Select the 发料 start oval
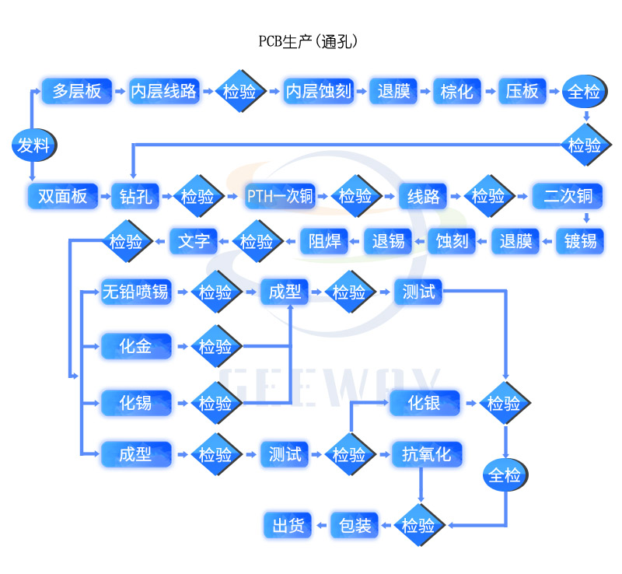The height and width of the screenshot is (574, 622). coord(33,145)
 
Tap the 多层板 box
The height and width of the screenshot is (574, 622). coord(76,91)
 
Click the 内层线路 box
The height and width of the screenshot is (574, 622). coord(163,91)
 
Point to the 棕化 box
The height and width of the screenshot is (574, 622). coord(456,91)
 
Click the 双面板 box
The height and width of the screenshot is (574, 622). coord(63,196)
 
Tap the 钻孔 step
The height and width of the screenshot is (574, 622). coord(135,196)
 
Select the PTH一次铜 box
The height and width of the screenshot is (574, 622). coord(280,196)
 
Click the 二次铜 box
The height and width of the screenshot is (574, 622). coord(568,196)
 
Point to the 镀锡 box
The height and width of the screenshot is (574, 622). coord(580,241)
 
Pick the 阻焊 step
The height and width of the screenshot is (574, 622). coord(324,241)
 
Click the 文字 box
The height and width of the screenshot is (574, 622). coord(194,241)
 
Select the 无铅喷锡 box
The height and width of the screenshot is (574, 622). coord(136,292)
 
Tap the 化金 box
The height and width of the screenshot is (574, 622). coord(136,346)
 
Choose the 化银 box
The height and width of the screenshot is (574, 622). coord(425,403)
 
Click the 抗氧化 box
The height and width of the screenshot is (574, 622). coord(426,454)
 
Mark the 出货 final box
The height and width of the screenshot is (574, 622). coord(288,527)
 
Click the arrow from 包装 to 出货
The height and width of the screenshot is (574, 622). coord(321,527)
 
